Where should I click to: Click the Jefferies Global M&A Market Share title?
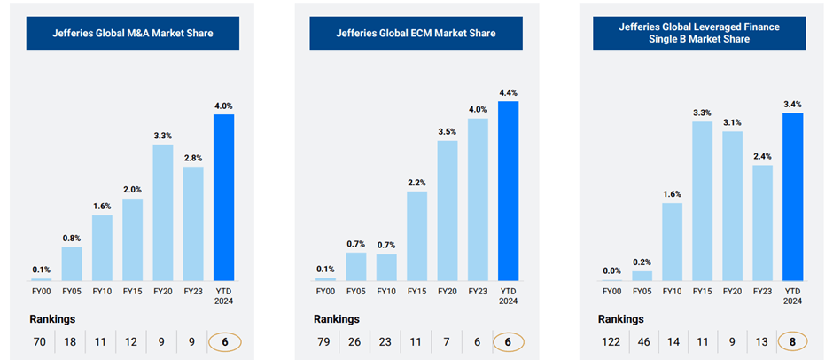pos(132,34)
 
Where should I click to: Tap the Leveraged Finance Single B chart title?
pos(699,34)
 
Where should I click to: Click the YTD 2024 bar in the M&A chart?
pos(224,196)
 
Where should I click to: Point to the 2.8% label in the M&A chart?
pos(192,158)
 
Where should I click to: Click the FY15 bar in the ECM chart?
pos(416,235)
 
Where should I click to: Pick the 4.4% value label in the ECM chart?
pos(509,92)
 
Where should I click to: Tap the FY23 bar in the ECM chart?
pos(478,199)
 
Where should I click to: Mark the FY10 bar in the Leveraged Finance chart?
pos(673,240)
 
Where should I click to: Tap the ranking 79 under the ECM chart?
pos(324,340)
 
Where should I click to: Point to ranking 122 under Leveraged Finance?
pos(611,340)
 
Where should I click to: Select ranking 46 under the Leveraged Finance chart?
pos(642,340)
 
